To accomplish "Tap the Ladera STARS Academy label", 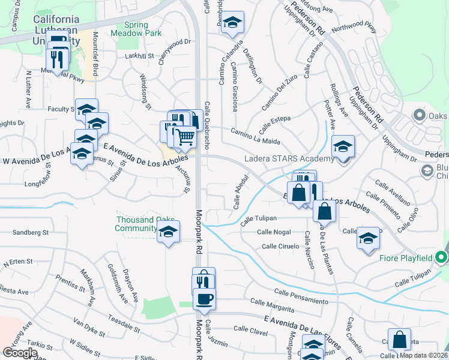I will point(289,159).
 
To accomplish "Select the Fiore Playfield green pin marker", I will point(442,258).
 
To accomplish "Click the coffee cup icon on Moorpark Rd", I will point(204,299).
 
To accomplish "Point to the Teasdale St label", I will point(121,325).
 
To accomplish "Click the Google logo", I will point(20,353).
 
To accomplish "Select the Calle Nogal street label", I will point(274,232).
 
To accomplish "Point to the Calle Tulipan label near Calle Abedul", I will point(258,220).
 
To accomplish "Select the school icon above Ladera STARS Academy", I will point(343,146).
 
